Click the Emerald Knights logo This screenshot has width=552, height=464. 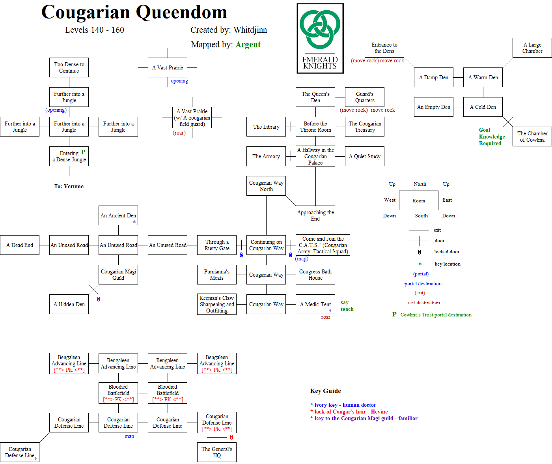tap(320, 38)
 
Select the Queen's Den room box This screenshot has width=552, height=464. tap(315, 97)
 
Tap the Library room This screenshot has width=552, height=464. tap(266, 127)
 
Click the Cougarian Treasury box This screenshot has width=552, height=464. tap(365, 127)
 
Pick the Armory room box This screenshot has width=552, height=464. tap(266, 156)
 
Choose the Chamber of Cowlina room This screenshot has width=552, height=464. tap(532, 137)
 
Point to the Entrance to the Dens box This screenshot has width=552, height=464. tap(384, 48)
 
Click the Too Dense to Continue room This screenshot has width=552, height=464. tap(69, 67)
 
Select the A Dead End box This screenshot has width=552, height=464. tap(20, 245)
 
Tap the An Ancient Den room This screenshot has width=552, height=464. tap(118, 215)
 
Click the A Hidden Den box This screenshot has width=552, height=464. tap(69, 304)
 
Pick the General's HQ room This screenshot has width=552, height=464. tap(217, 452)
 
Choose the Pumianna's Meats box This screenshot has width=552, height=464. tap(217, 275)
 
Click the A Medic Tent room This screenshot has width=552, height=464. tap(315, 304)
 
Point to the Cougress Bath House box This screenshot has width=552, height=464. tap(315, 275)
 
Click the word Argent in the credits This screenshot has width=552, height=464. tap(248, 45)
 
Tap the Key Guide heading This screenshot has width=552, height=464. tap(326, 391)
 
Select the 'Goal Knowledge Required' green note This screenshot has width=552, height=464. tap(492, 137)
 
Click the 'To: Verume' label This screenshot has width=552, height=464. tap(69, 186)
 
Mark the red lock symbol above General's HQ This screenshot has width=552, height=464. tap(231, 437)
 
